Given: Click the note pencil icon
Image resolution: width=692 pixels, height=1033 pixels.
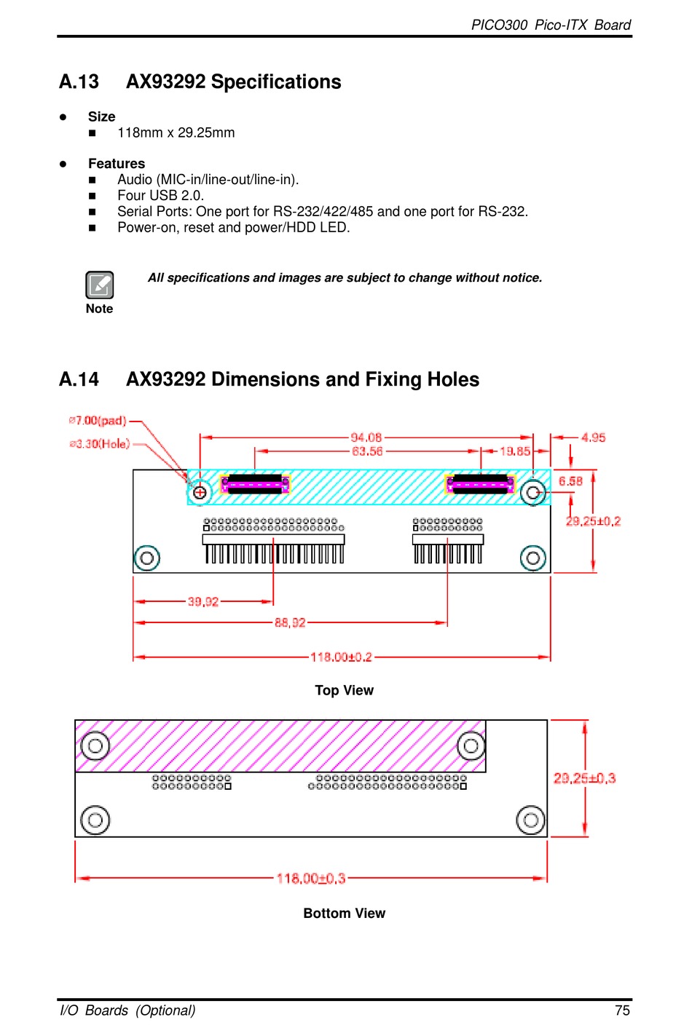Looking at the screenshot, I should coord(100,285).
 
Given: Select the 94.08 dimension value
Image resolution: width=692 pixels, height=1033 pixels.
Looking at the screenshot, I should coord(366,438).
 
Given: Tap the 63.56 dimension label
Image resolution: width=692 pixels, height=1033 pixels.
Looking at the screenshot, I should coord(367,451).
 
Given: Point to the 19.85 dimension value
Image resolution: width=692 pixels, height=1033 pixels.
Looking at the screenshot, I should coord(515,451).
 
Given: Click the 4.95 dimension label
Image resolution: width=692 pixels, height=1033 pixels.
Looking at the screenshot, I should coord(593,438).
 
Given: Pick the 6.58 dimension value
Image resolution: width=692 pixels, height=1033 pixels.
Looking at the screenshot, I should coord(570,481).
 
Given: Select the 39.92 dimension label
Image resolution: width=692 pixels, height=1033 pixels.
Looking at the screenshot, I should coord(203,601).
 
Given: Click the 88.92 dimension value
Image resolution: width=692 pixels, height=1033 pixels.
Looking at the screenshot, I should coord(290,622).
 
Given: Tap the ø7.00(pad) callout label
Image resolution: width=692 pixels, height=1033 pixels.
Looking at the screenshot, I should coord(98,421).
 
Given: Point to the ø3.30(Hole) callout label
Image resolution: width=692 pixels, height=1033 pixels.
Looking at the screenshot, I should coord(100,444).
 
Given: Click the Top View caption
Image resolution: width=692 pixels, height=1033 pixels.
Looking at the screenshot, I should coord(344,690).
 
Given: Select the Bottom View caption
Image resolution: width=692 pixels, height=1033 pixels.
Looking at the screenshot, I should coord(344,913).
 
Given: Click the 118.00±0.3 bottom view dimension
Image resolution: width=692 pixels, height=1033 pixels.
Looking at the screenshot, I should coord(311,879).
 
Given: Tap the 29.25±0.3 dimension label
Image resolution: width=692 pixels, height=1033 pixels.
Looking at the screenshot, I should coord(584,778).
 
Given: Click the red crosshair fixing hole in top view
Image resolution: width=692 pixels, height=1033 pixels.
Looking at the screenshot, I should coord(200,492).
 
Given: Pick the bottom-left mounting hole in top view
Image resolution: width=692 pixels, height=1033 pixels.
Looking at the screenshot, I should coord(147,558).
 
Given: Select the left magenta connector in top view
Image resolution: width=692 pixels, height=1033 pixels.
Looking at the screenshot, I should coord(255,484).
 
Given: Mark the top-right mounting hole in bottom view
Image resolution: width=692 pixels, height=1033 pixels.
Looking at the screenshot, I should coord(471,745).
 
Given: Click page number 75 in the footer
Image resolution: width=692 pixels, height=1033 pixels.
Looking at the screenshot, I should coord(622,1010).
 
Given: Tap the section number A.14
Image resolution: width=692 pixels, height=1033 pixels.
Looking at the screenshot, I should coord(79,379).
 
